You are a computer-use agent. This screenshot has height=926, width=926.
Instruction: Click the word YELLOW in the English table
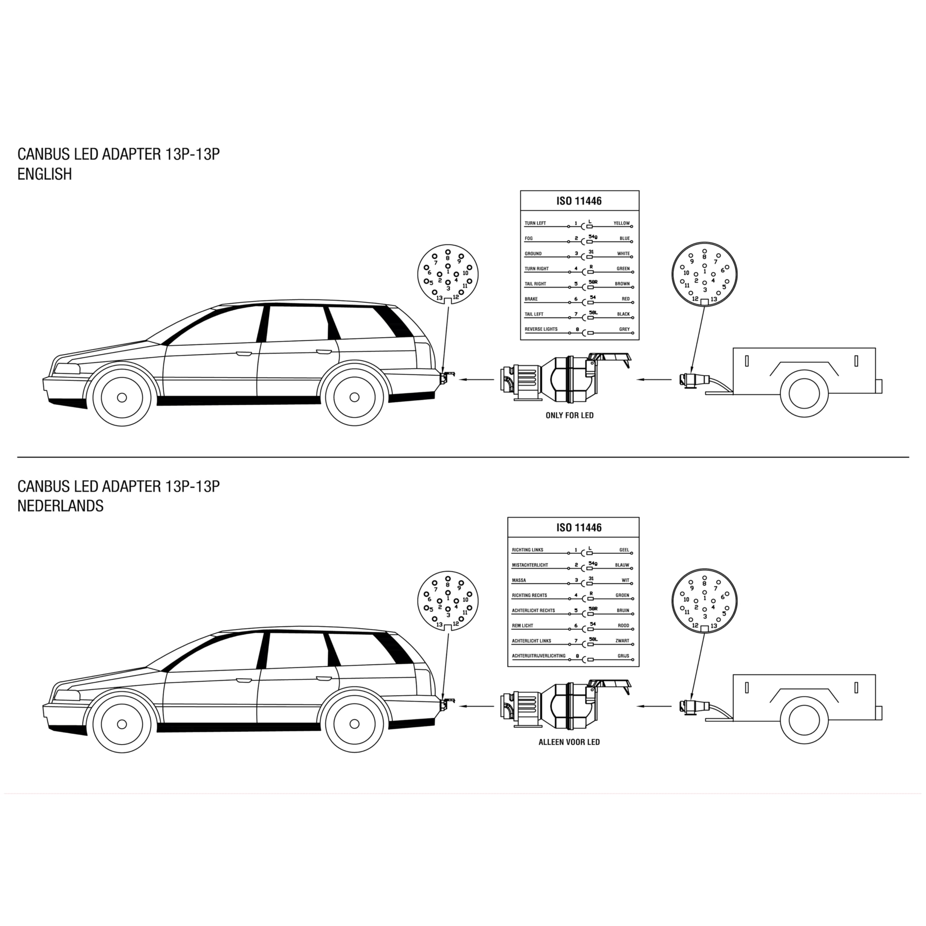[622, 223]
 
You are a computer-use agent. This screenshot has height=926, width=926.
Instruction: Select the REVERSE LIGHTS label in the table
[541, 329]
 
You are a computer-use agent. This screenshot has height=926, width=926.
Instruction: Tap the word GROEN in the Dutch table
[622, 595]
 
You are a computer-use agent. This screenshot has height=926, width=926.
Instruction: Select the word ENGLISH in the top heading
[44, 174]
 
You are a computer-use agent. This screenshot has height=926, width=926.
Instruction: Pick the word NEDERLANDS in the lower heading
[60, 506]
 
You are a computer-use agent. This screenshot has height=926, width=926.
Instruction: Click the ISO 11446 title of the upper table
[579, 201]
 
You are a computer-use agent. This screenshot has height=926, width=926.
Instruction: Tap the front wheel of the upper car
[122, 397]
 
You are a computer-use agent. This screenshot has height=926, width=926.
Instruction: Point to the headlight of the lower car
[67, 696]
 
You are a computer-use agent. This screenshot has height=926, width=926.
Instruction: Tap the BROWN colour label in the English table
[622, 284]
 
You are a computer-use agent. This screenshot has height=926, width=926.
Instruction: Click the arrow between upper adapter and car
[476, 379]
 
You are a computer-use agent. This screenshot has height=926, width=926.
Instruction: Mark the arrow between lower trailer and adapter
[654, 706]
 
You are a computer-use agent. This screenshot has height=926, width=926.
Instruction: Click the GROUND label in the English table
[533, 254]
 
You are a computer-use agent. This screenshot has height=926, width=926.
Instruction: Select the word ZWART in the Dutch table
[622, 641]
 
